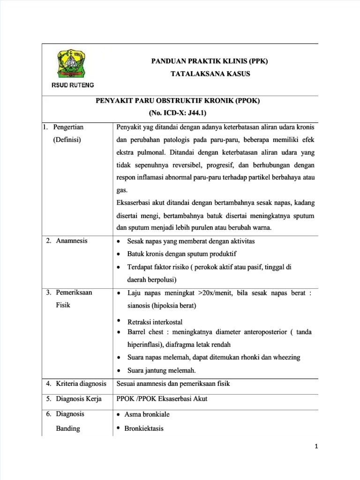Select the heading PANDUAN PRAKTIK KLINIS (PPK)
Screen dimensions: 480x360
tap(209, 61)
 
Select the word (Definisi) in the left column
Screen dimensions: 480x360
tap(67, 140)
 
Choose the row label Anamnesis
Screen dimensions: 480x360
tap(72, 241)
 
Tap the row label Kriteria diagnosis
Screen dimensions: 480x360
tap(76, 383)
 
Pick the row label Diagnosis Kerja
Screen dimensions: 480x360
tap(75, 399)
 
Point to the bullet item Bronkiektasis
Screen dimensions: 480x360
tap(144, 428)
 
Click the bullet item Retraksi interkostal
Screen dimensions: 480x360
tap(155, 322)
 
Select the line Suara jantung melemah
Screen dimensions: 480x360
tap(161, 370)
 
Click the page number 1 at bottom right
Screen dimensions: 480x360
tap(316, 446)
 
